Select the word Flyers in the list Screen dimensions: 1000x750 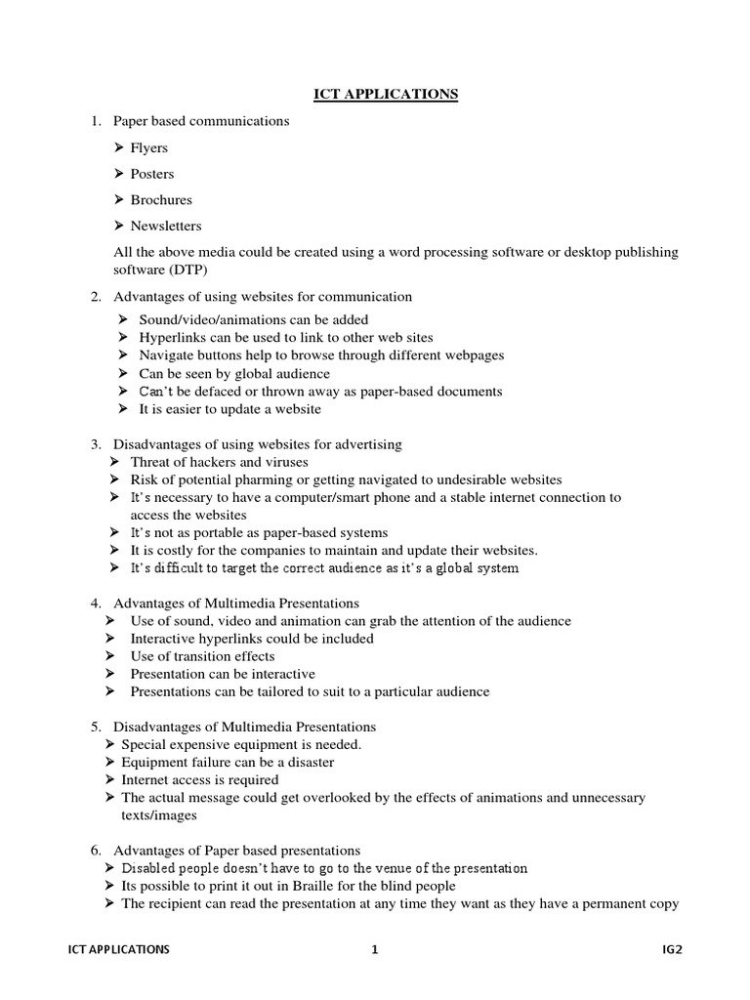tap(148, 148)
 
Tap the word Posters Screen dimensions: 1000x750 tap(152, 174)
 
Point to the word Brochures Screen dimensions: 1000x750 tap(161, 200)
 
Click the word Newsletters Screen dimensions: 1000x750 tap(166, 226)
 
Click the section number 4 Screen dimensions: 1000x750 tap(96, 604)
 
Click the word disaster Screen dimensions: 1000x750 tap(307, 762)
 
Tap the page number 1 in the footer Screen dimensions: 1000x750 tap(374, 948)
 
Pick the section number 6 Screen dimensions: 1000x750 tap(96, 851)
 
